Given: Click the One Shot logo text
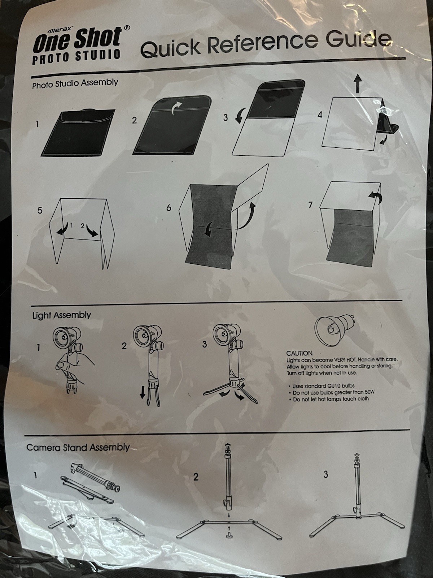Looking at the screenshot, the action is (77, 40).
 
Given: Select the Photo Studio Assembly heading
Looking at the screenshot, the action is (75, 83).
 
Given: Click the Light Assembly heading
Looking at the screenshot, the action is (61, 315).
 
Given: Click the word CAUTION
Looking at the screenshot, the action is (299, 353).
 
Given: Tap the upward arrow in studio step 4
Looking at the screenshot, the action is (357, 83).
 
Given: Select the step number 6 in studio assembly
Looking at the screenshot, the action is (169, 208).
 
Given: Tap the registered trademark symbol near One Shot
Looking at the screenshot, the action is (126, 28).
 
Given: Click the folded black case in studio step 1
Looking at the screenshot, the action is (78, 133).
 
